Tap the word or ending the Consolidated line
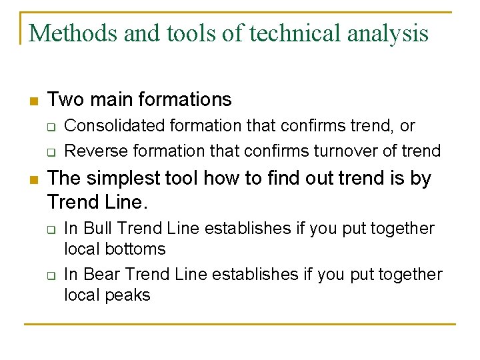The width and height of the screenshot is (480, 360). click(x=407, y=127)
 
